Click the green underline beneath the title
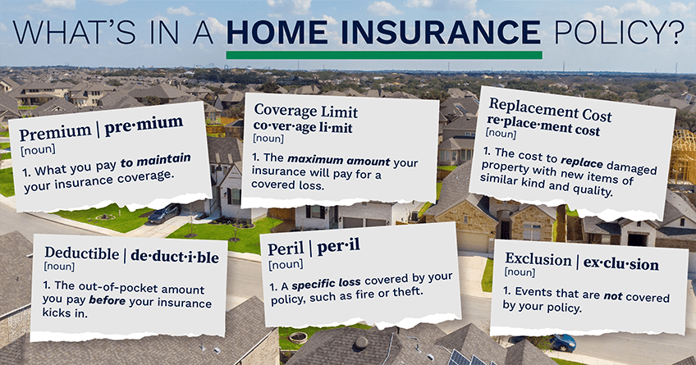tap(383, 55)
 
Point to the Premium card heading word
tap(48, 133)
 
